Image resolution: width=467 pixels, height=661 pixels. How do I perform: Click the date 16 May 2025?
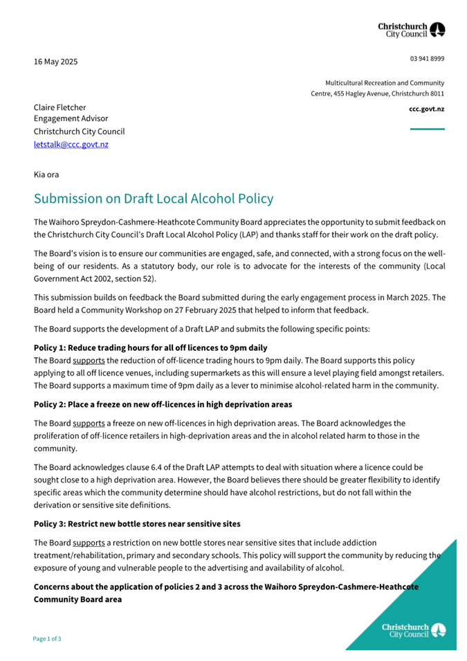click(x=56, y=62)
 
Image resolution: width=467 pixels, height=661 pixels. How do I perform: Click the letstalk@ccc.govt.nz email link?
click(x=71, y=145)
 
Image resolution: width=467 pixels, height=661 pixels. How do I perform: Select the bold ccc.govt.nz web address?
click(x=427, y=109)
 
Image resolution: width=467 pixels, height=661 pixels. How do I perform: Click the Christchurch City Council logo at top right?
click(x=412, y=29)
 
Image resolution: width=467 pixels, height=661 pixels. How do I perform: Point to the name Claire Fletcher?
click(x=60, y=107)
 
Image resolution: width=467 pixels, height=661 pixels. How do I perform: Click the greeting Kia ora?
click(x=46, y=174)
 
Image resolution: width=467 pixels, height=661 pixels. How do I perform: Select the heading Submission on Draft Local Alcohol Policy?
click(x=154, y=199)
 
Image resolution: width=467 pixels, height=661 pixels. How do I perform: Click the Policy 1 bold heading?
click(x=150, y=347)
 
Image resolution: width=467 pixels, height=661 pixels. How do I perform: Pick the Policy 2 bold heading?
click(x=163, y=404)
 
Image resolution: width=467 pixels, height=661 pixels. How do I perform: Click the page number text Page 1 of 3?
click(x=48, y=639)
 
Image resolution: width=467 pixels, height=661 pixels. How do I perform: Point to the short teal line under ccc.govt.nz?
click(x=427, y=129)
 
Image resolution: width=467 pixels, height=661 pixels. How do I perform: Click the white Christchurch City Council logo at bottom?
click(x=413, y=630)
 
